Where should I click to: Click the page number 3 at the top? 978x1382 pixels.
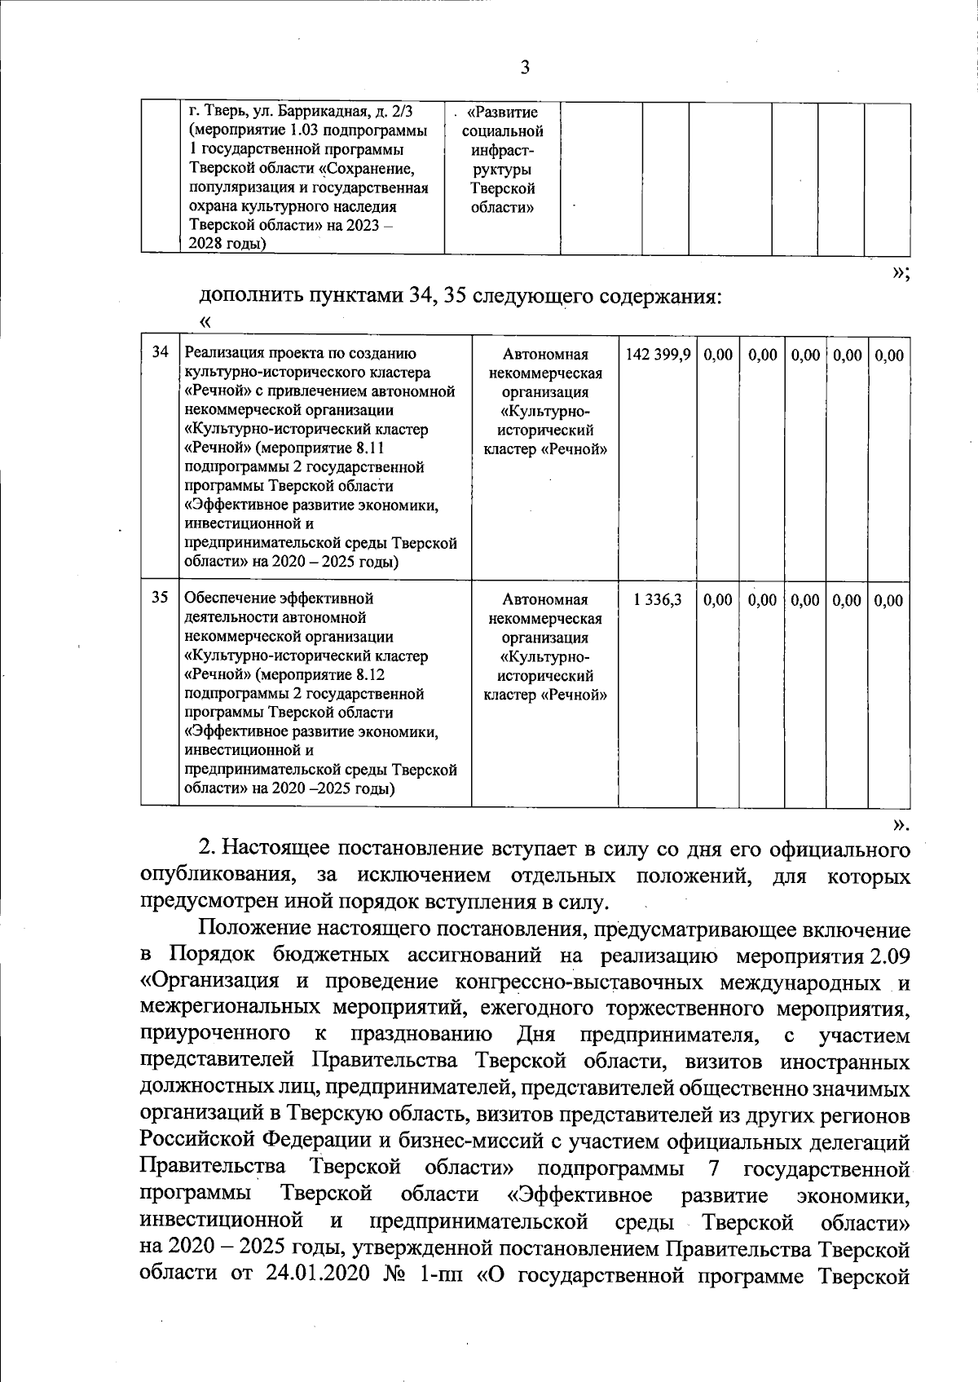tap(524, 68)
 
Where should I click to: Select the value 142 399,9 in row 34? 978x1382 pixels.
tap(658, 355)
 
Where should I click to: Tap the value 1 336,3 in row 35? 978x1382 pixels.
tap(658, 599)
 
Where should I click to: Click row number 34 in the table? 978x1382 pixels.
tap(161, 352)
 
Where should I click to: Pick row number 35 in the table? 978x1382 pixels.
tap(161, 597)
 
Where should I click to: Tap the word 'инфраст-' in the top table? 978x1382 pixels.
tap(502, 150)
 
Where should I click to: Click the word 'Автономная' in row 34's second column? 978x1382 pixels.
tap(545, 355)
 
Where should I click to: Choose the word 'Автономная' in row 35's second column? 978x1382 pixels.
tap(545, 599)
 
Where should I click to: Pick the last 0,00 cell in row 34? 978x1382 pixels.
tap(889, 355)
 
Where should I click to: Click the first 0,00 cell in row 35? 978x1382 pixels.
tap(718, 600)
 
